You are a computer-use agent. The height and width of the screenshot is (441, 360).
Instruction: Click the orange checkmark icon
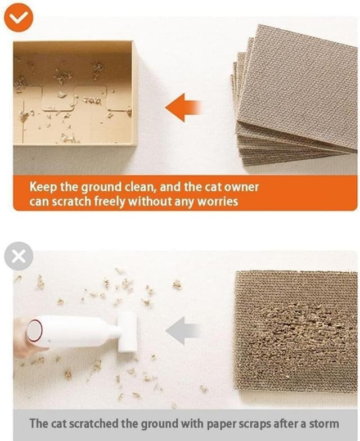pyautogui.click(x=18, y=17)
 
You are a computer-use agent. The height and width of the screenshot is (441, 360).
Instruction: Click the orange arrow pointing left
pyautogui.click(x=183, y=107)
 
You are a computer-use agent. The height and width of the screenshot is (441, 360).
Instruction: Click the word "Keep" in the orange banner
pyautogui.click(x=43, y=187)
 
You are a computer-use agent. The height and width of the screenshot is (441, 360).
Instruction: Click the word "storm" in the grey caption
pyautogui.click(x=322, y=424)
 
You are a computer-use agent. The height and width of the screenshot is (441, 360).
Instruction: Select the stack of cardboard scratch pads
pyautogui.click(x=295, y=96)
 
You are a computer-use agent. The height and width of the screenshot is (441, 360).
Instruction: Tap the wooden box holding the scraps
pyautogui.click(x=74, y=93)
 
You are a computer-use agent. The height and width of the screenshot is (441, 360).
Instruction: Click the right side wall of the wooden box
pyautogui.click(x=133, y=93)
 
